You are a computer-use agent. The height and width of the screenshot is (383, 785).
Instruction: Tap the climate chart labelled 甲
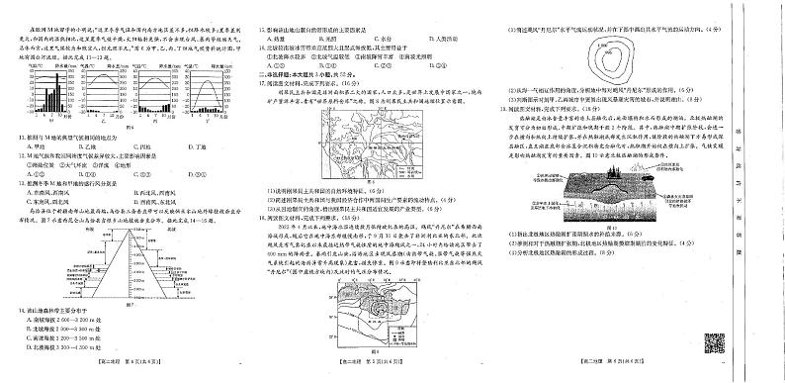point(54,94)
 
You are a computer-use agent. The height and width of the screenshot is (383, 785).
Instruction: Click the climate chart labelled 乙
point(109,94)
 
